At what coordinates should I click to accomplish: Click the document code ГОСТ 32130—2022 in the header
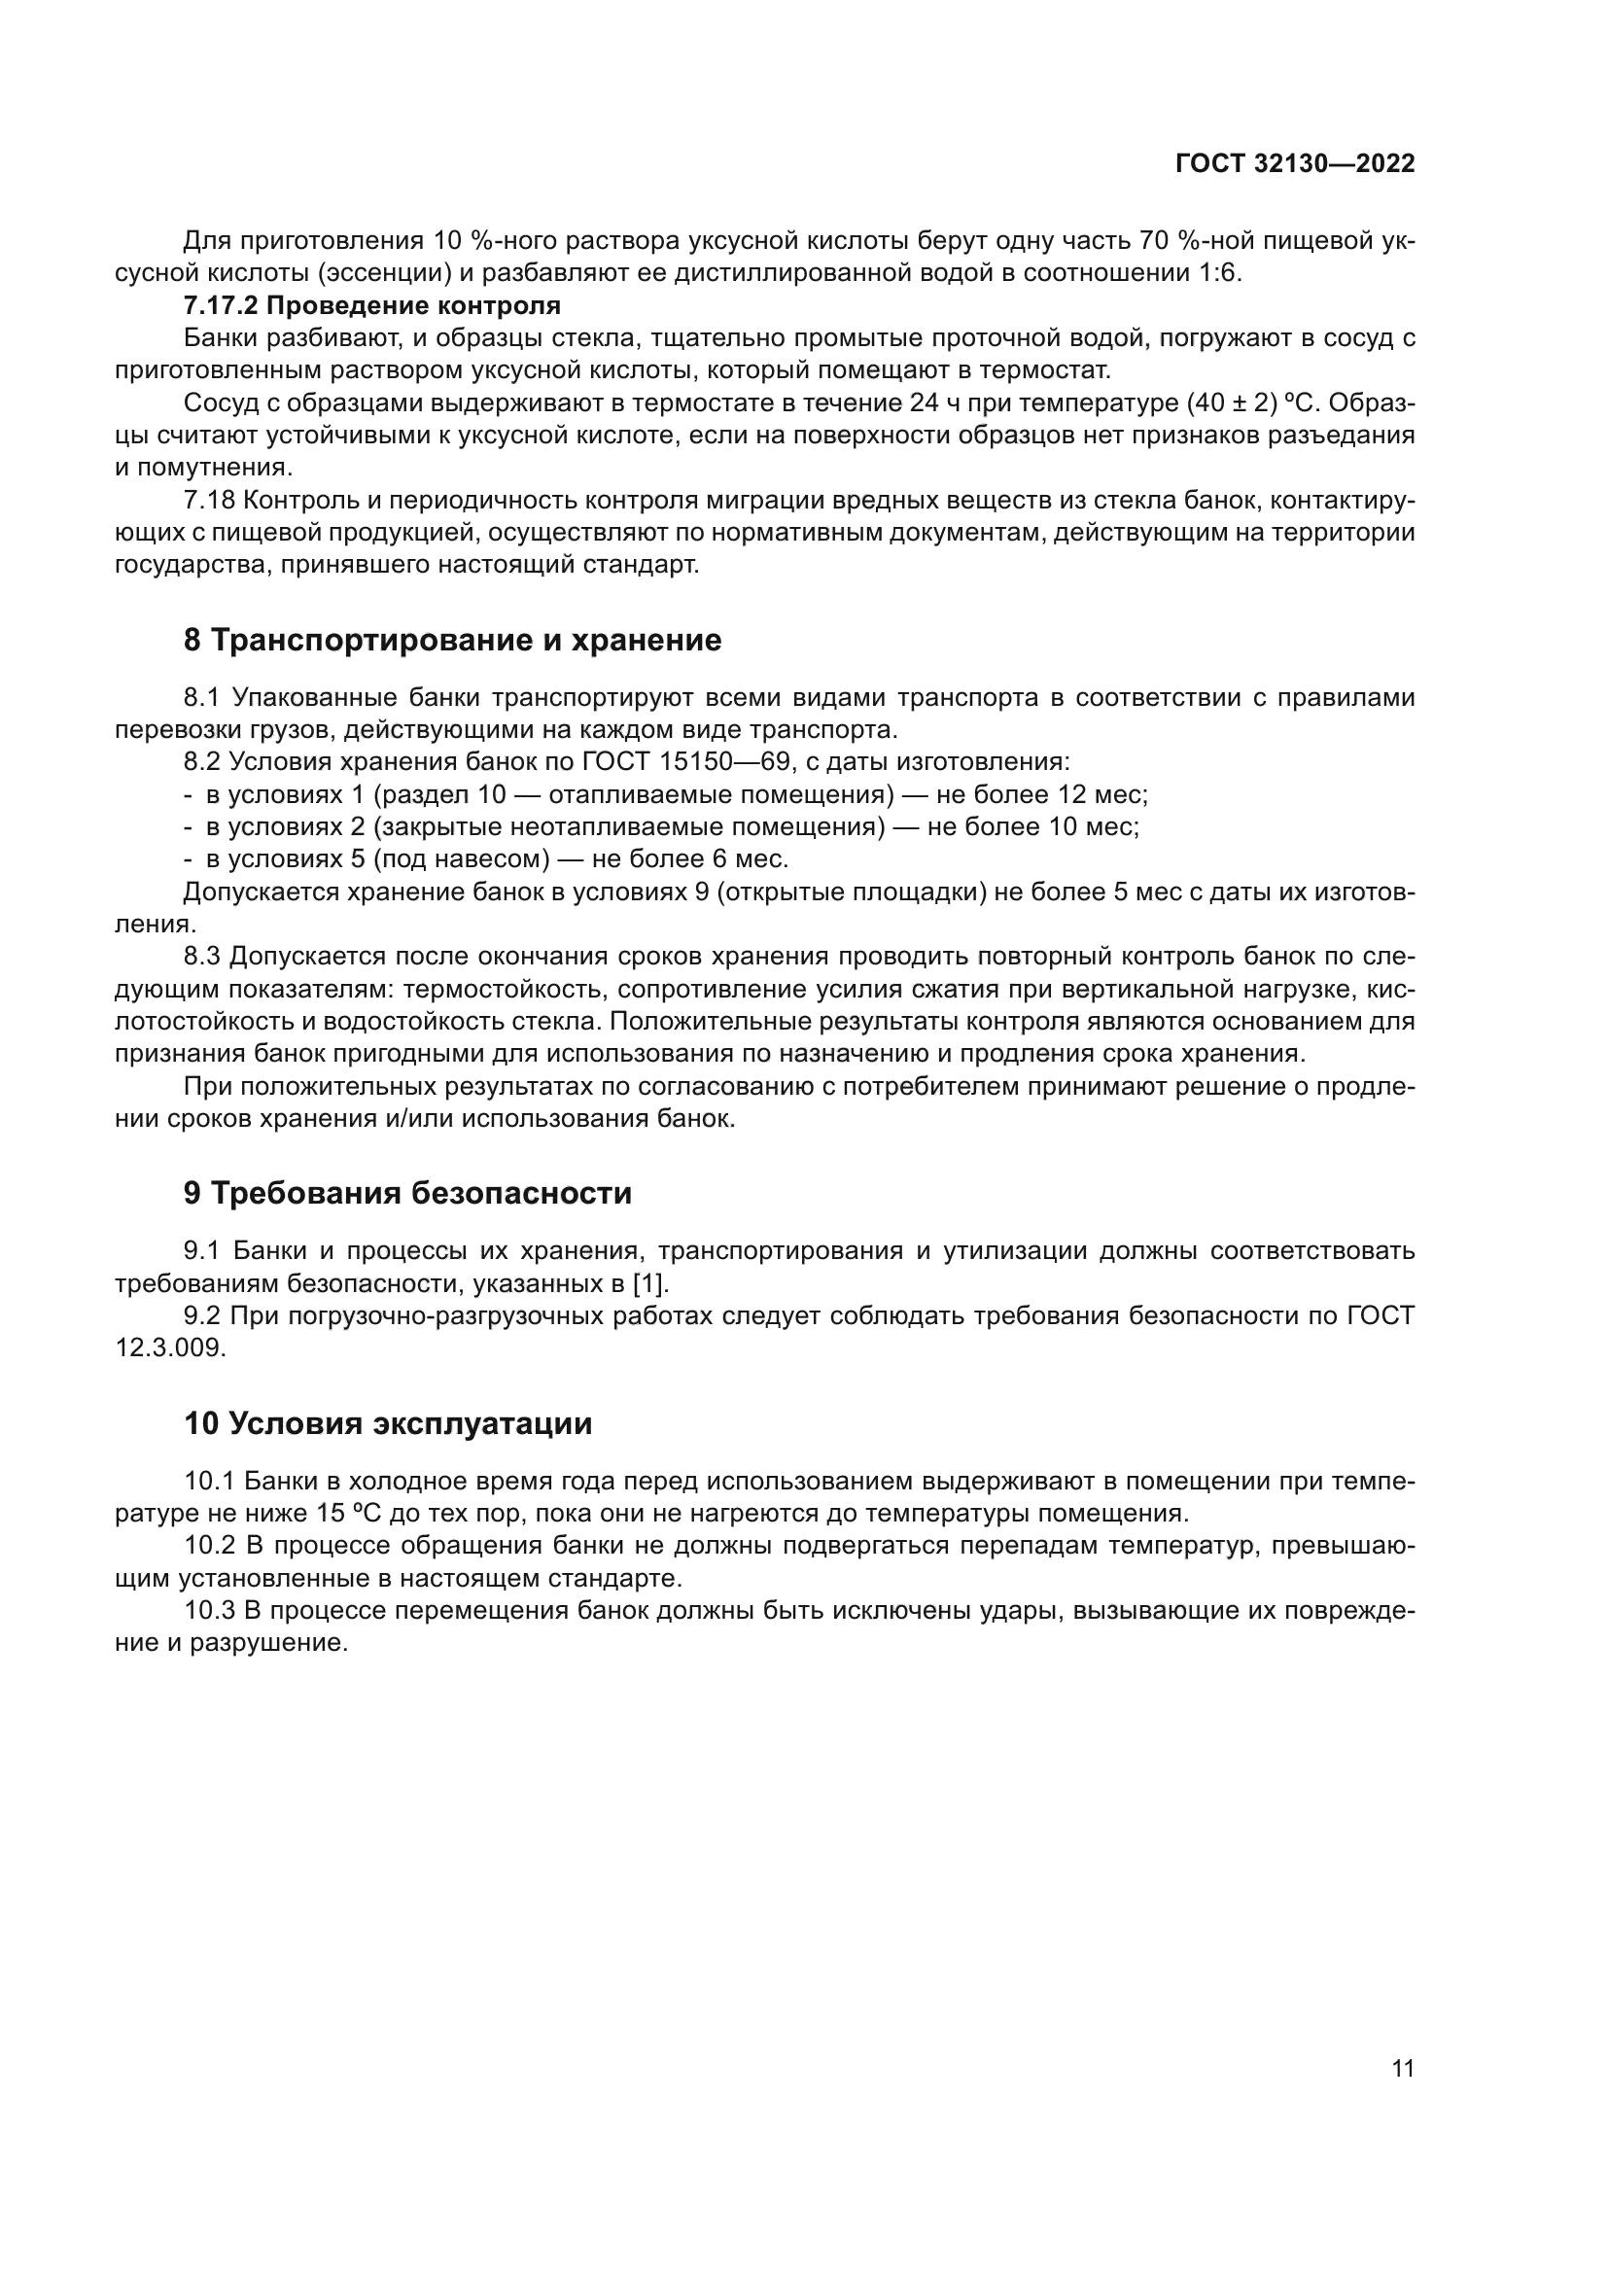(x=1294, y=164)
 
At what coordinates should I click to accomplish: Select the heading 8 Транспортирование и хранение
(x=452, y=641)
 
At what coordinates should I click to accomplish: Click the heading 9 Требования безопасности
(x=407, y=1194)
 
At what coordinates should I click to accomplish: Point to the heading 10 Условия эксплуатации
(x=388, y=1424)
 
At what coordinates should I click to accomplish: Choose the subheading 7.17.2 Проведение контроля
(x=372, y=305)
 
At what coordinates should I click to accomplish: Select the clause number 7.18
(x=206, y=500)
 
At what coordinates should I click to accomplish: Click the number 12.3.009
(x=170, y=1349)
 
